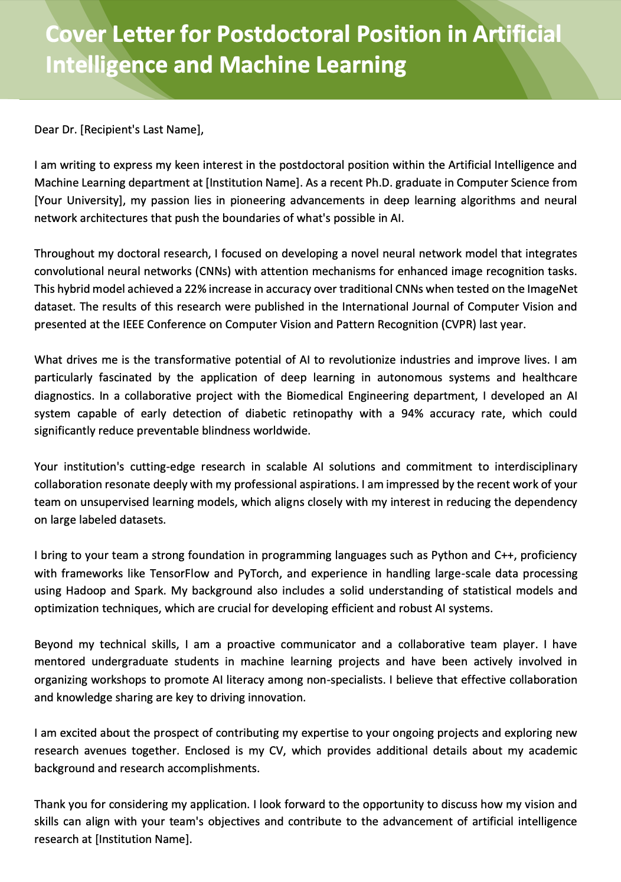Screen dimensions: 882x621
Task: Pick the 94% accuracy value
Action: pyautogui.click(x=412, y=414)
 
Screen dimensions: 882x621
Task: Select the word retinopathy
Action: pyautogui.click(x=322, y=414)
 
